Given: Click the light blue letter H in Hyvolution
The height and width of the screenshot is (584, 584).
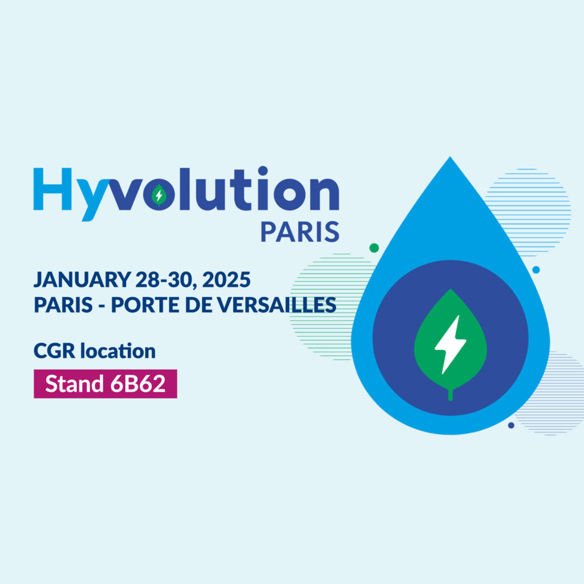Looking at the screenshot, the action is coord(52,189).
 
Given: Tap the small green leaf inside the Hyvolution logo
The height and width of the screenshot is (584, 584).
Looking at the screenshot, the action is coord(159,195).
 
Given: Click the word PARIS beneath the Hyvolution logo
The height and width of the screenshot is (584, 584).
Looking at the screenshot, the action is coord(300,232).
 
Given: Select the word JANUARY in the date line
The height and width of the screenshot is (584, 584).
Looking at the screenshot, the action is coord(82,279).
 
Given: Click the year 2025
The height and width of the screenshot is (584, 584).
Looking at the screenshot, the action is coord(226,279).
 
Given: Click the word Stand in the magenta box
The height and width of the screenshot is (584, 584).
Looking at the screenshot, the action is coord(74,384).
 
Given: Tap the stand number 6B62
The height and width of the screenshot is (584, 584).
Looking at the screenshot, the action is coord(138,384).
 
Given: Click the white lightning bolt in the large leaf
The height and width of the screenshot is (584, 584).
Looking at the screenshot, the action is coord(450,344).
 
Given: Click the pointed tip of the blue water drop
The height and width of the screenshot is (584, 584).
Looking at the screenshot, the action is coord(450,157).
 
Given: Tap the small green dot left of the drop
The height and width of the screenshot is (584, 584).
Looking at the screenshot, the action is coord(374,248).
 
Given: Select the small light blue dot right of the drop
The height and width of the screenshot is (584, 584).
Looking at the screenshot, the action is coord(536,270).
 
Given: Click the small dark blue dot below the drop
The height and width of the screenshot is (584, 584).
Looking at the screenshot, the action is coord(511,425).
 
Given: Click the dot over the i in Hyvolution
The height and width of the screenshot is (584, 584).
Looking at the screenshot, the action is coord(263,171).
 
